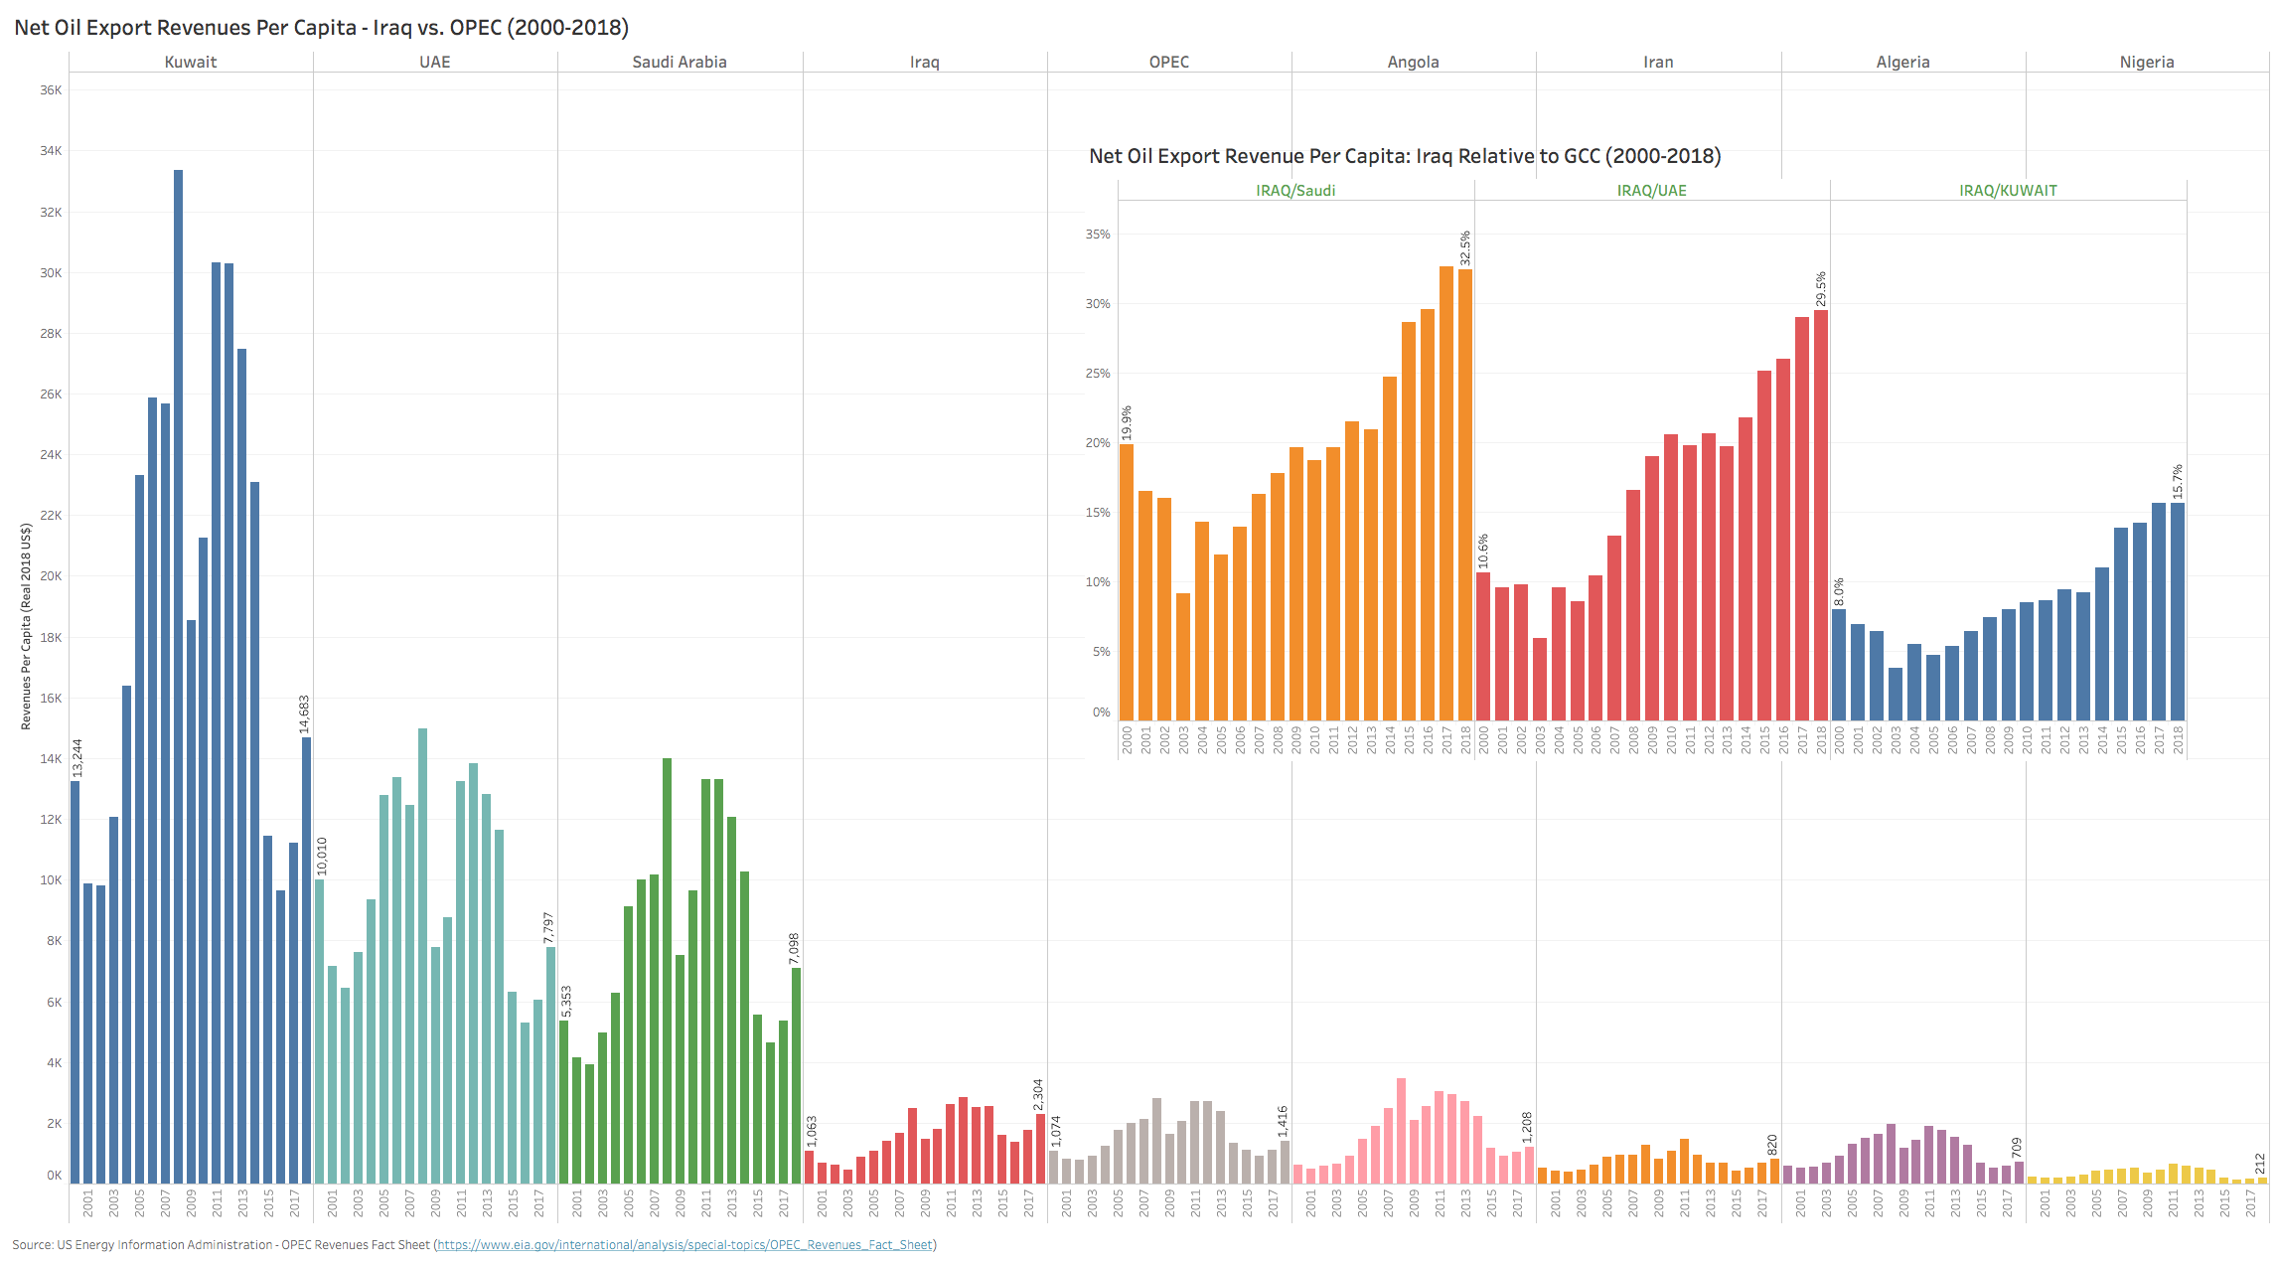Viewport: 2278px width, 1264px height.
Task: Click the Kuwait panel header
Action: point(190,62)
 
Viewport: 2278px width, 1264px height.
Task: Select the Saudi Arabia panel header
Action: point(680,62)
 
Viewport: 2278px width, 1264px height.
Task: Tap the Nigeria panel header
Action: point(2147,62)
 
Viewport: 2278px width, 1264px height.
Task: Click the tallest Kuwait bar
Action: point(178,676)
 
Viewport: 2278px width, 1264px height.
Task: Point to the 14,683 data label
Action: point(304,714)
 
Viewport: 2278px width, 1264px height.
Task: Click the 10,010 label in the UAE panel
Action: point(321,857)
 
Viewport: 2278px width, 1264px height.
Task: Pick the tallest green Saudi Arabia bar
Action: point(667,970)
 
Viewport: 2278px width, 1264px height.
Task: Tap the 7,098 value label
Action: point(794,948)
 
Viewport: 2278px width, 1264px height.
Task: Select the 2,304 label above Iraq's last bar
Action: point(1038,1095)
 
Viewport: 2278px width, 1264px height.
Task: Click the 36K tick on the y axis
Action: point(51,90)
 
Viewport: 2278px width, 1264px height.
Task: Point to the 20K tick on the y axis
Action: point(51,576)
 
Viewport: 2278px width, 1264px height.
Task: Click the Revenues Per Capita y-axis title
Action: point(26,627)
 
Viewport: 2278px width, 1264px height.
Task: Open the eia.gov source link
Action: point(684,1245)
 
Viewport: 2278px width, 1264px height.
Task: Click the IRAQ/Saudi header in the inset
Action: point(1295,191)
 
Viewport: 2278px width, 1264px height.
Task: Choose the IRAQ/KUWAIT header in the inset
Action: point(2008,191)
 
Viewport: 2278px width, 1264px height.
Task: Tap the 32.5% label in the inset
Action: point(1465,248)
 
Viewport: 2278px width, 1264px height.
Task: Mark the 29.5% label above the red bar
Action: point(1821,289)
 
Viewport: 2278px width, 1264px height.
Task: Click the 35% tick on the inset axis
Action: point(1098,235)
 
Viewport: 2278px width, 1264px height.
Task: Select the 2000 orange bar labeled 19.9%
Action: point(1127,582)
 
